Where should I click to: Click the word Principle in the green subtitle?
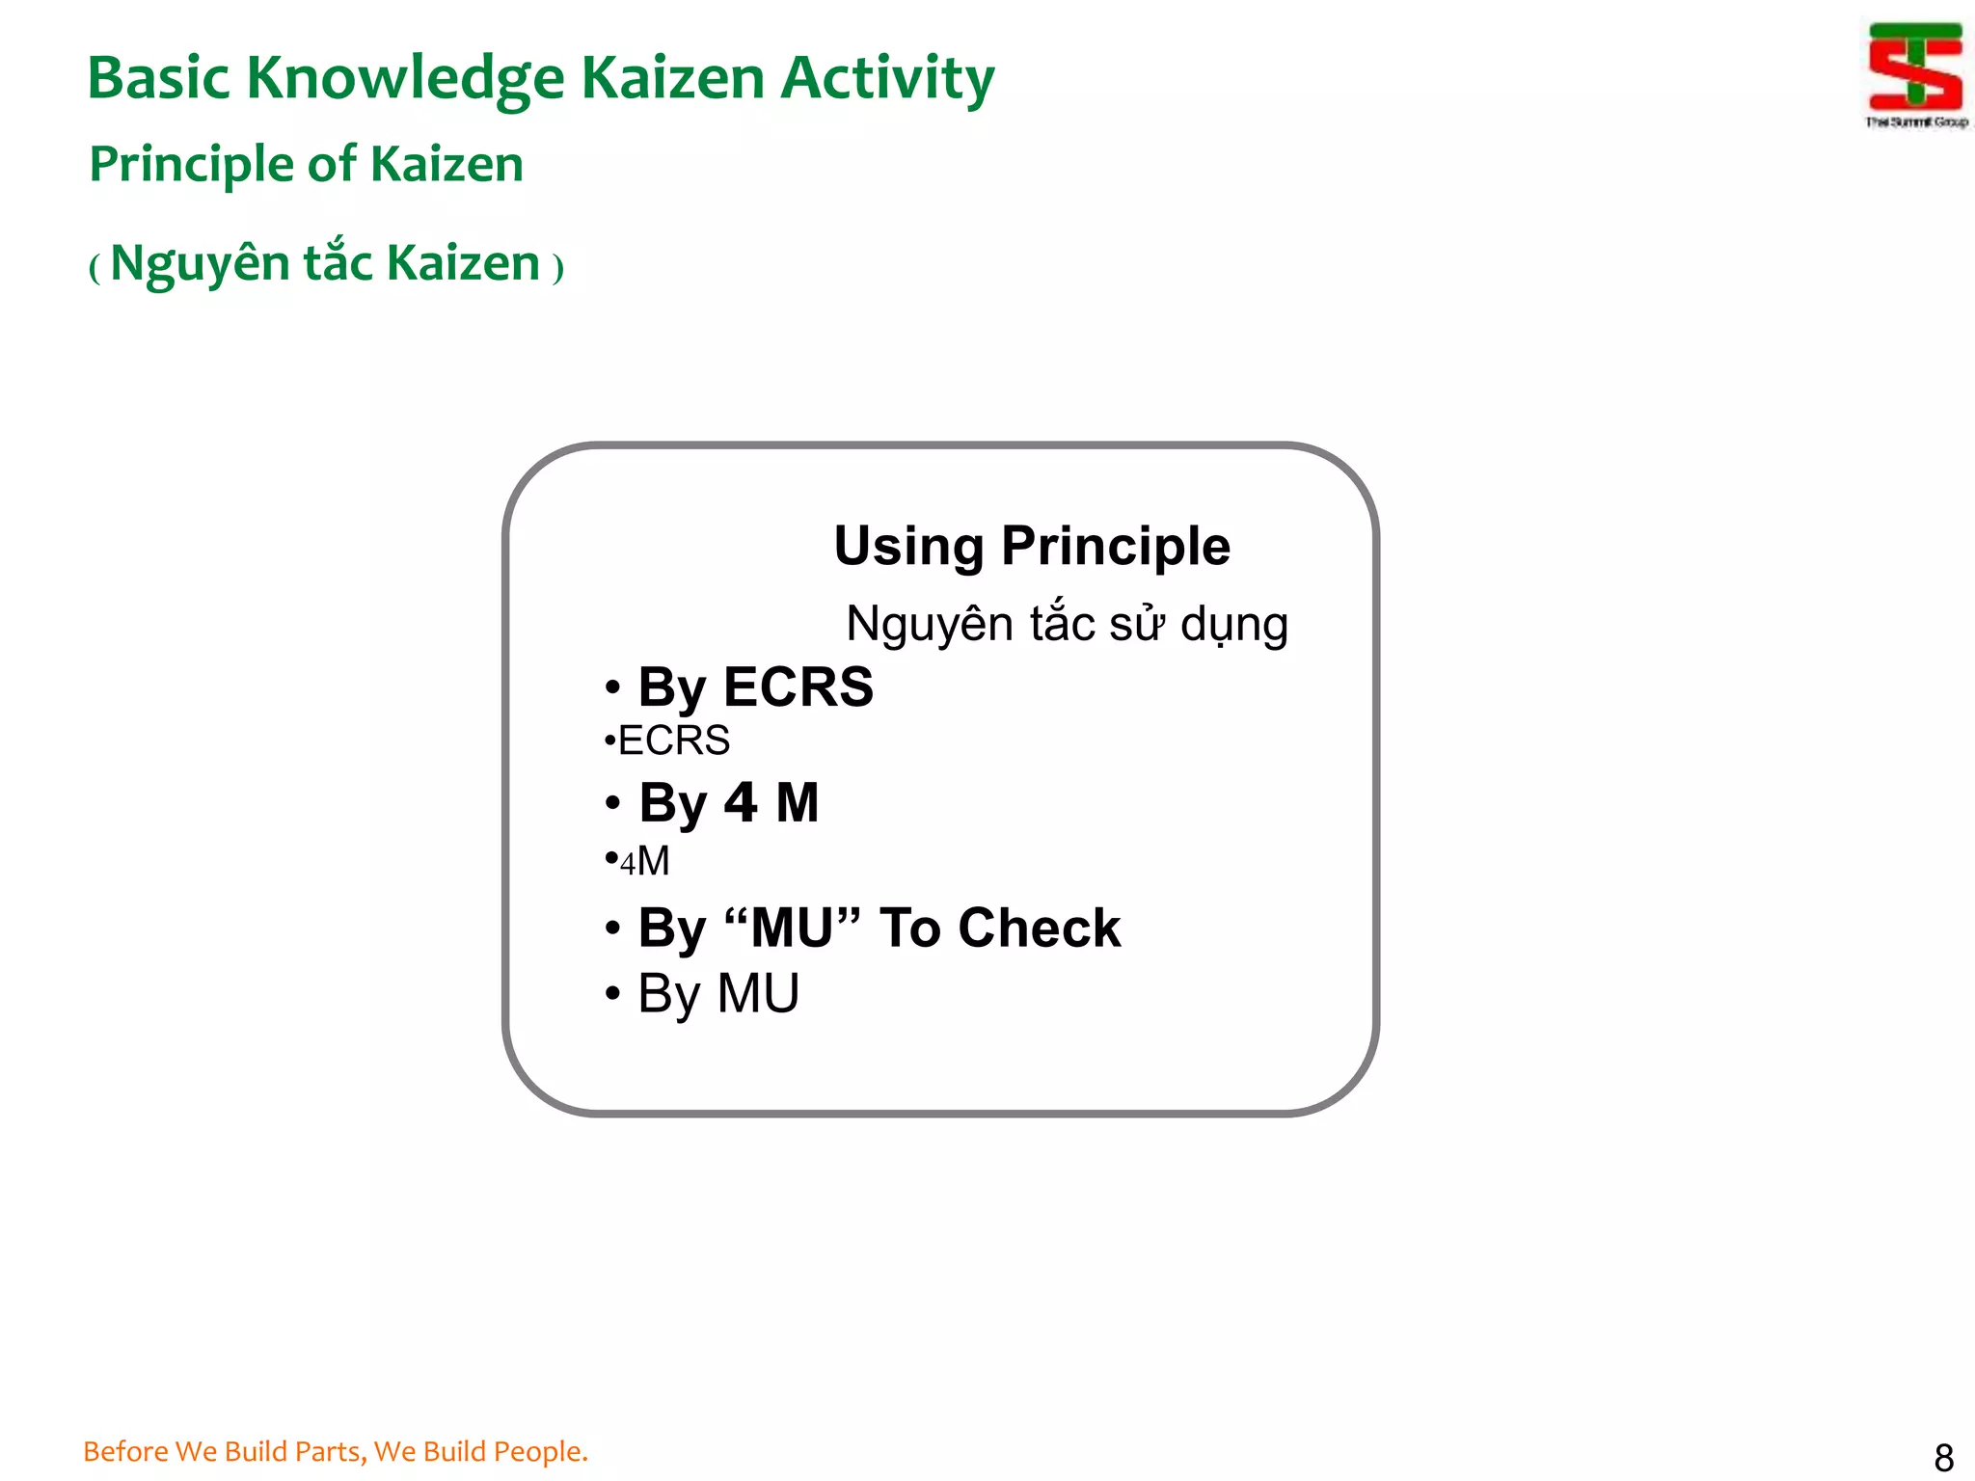189,164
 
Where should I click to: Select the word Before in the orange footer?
125,1451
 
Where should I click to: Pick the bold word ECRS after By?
798,687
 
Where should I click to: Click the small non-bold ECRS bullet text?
673,740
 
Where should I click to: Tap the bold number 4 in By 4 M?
741,802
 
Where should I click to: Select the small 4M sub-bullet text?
644,860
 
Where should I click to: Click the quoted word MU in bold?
791,928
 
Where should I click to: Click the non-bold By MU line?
717,993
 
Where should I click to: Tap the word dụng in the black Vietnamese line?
1234,624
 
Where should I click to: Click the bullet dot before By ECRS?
612,688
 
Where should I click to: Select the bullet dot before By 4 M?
612,803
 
